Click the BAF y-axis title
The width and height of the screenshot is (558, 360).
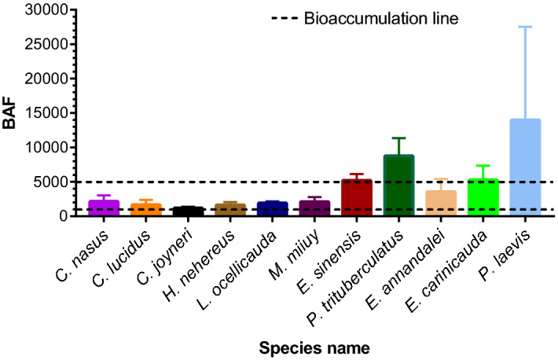13,112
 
